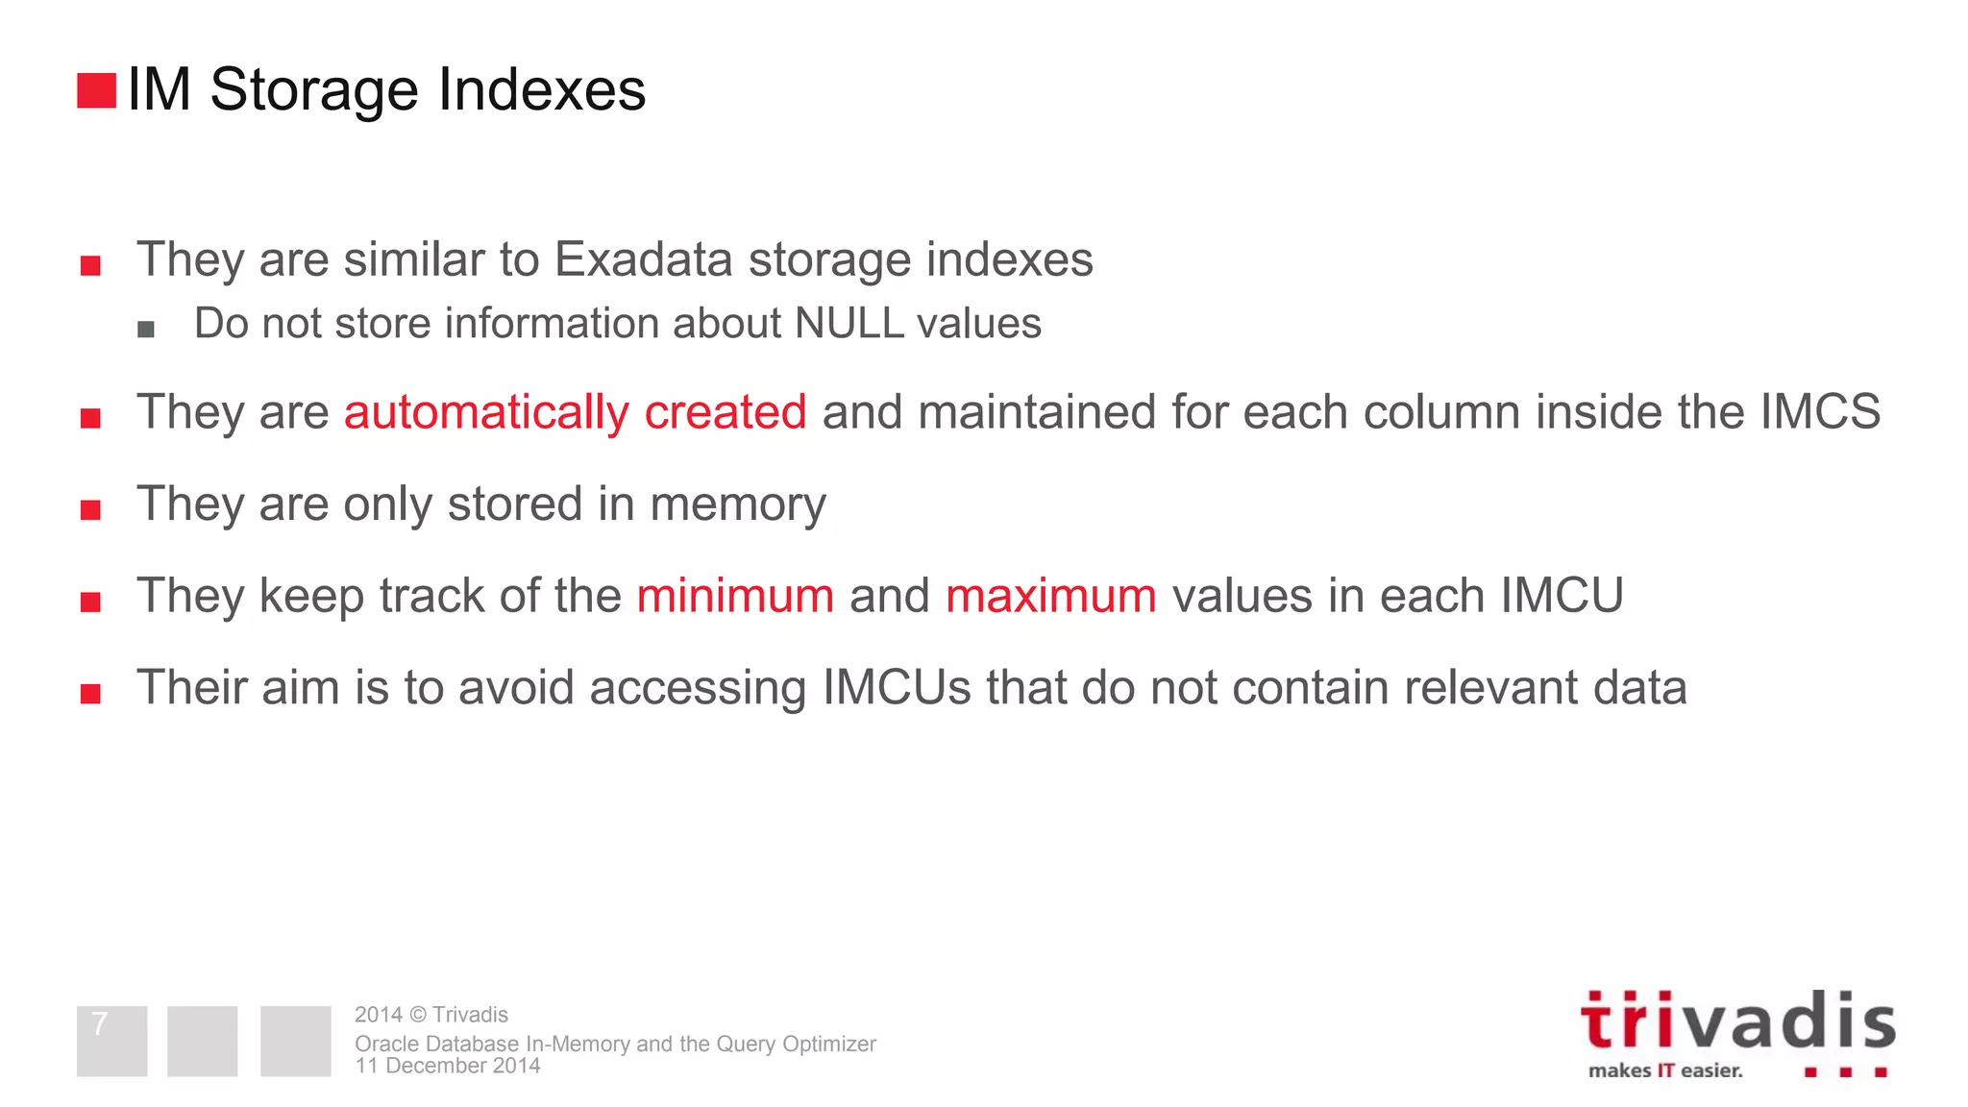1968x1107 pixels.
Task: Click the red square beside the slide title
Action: click(x=96, y=90)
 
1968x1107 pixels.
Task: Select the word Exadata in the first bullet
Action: click(x=643, y=259)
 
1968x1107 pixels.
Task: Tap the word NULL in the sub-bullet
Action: click(x=849, y=324)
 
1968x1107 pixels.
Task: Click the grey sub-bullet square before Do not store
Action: click(x=146, y=330)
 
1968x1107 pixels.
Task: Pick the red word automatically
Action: click(x=486, y=412)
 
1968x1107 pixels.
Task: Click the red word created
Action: click(x=725, y=412)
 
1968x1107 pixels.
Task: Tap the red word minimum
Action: click(x=735, y=596)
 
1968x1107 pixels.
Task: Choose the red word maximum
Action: click(x=1050, y=596)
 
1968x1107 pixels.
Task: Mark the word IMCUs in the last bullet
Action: click(x=897, y=688)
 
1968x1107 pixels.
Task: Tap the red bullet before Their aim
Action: click(x=90, y=694)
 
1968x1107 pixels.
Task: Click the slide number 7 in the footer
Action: click(x=100, y=1024)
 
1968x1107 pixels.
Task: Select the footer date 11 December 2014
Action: click(x=448, y=1066)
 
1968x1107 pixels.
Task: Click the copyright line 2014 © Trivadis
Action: click(x=431, y=1015)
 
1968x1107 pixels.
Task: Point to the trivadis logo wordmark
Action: click(x=1737, y=1021)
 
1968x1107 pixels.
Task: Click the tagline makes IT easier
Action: click(x=1665, y=1070)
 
